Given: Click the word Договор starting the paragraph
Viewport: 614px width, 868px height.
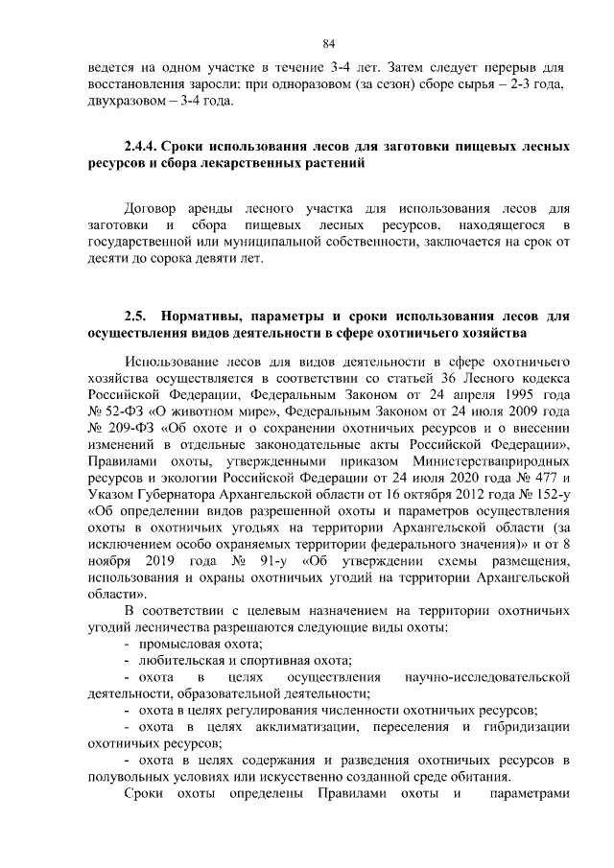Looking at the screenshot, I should point(153,206).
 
